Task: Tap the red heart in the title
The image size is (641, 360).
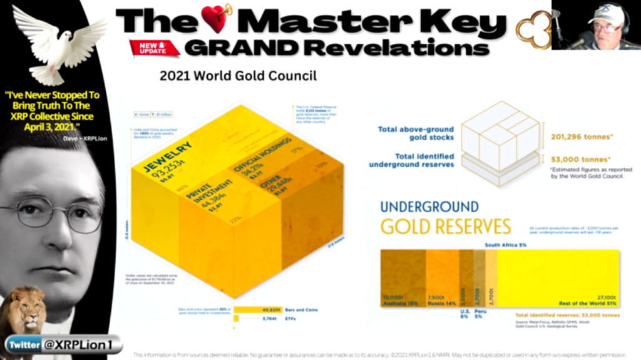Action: point(217,19)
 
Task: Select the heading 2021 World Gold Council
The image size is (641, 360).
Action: point(237,76)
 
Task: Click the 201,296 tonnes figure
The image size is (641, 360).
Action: point(579,136)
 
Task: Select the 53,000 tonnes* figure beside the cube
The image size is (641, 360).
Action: point(580,159)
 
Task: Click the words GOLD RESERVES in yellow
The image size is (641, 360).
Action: point(445,227)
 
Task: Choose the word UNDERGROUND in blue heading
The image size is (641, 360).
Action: point(429,207)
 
